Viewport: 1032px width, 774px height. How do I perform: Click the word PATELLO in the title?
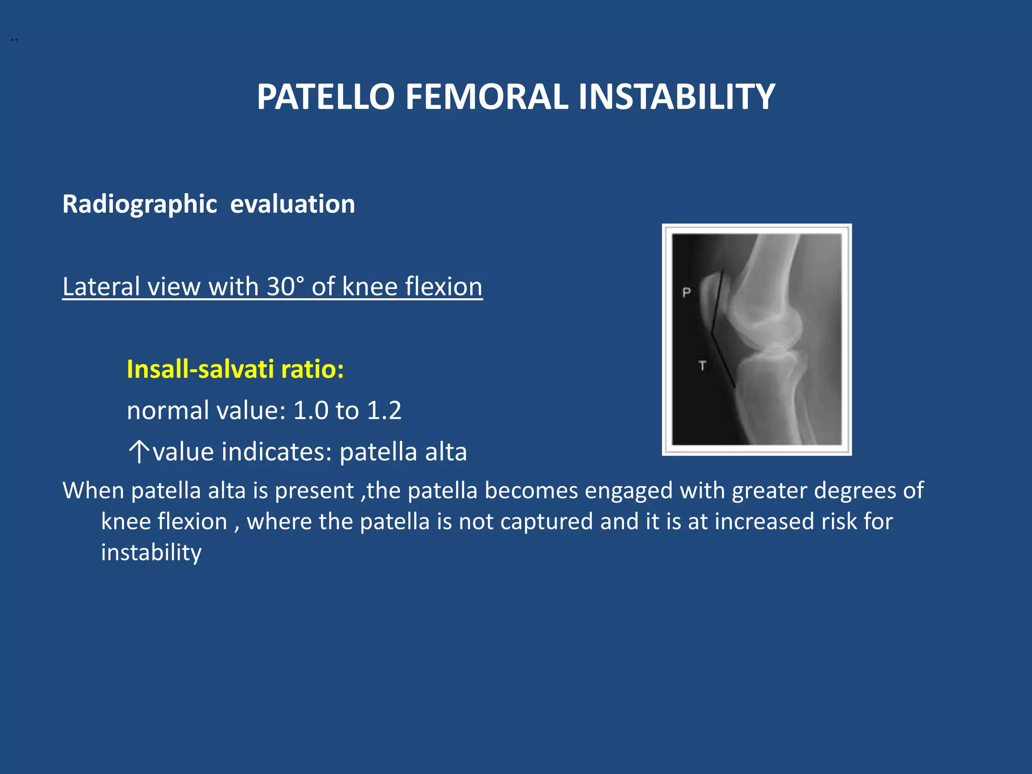coord(326,97)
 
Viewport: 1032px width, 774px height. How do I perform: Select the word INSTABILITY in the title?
coord(676,97)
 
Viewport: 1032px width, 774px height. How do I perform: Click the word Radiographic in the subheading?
coord(140,205)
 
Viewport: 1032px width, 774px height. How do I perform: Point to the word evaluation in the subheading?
coord(292,205)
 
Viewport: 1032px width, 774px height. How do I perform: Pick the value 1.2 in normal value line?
coord(384,411)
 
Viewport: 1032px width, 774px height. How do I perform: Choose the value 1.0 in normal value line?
coord(310,411)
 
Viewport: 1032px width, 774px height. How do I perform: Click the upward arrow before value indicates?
coord(139,451)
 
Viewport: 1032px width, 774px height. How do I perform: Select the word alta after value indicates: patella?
coord(445,452)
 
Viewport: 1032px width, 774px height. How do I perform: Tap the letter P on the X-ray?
coord(686,292)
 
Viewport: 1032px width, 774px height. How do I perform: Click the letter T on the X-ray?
coord(702,365)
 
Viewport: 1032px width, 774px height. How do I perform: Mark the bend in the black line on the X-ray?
coord(712,333)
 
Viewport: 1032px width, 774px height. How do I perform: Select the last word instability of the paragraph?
coord(151,553)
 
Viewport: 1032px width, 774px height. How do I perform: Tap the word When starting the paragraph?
coord(93,491)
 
